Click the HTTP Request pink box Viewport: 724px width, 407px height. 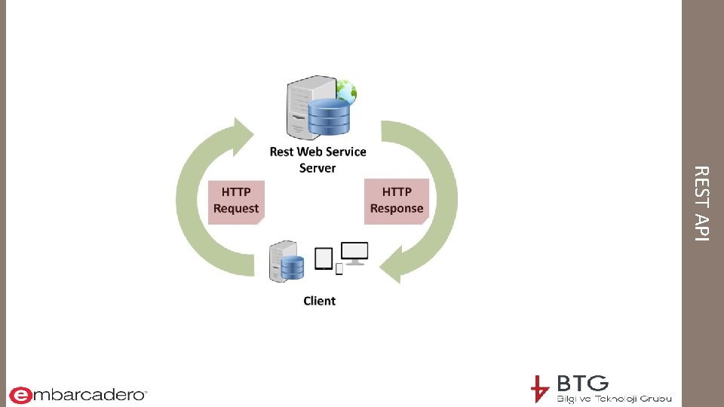(x=235, y=201)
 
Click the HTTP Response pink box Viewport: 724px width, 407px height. (x=397, y=201)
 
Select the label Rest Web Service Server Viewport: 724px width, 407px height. (x=318, y=159)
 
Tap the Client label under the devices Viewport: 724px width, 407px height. (x=319, y=301)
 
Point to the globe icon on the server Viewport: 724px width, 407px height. (x=347, y=91)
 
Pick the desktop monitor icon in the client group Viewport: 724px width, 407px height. (x=354, y=252)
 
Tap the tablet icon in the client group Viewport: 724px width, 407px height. (x=324, y=258)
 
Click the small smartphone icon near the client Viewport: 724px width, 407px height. (x=339, y=268)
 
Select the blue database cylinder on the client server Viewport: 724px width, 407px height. (x=293, y=266)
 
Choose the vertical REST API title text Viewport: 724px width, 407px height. (x=701, y=203)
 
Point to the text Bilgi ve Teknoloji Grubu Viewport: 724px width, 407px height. (x=613, y=398)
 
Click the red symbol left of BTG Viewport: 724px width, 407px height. (x=539, y=389)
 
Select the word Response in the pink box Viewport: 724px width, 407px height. (x=397, y=209)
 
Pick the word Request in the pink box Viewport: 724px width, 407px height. (x=235, y=209)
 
